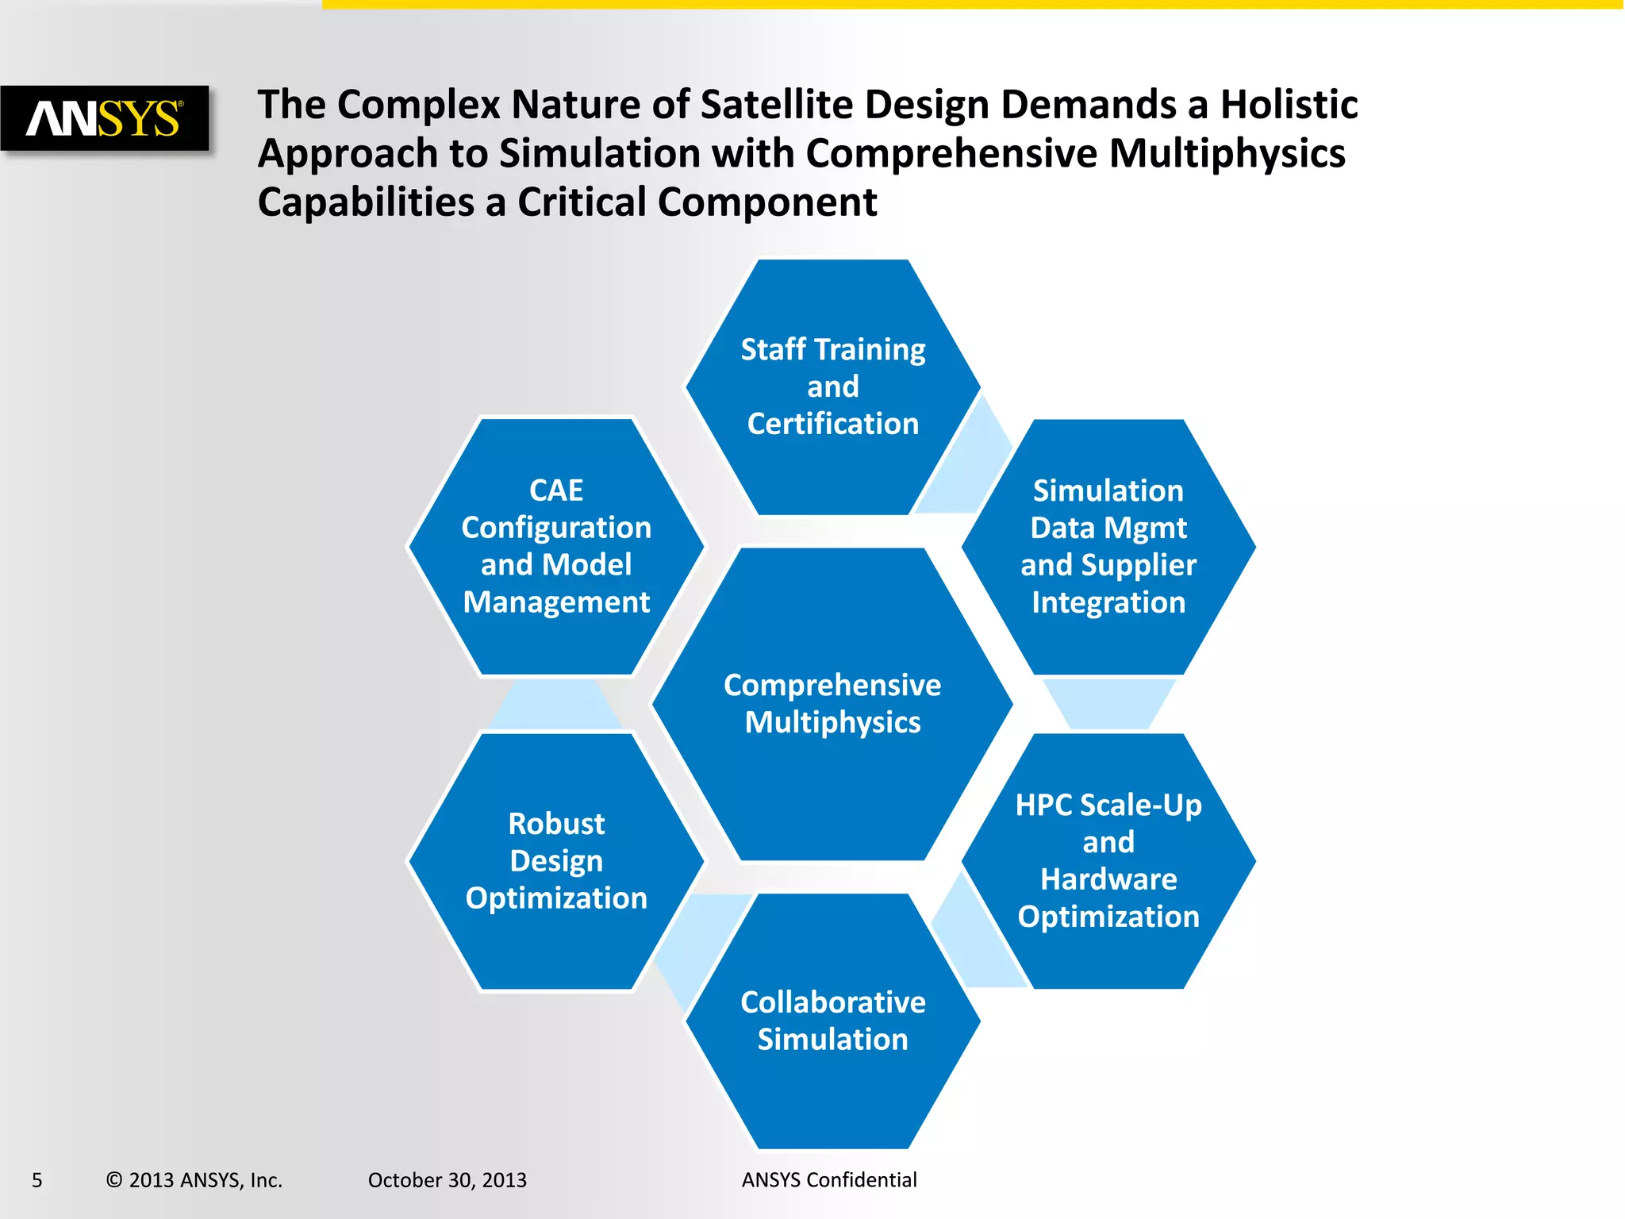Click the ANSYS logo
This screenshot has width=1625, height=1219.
pos(105,118)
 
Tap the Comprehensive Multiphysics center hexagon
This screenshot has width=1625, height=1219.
pos(832,704)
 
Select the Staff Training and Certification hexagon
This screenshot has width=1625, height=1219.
pos(832,387)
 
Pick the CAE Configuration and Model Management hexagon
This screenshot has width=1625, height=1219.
pos(556,546)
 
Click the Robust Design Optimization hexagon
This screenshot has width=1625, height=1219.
pos(556,861)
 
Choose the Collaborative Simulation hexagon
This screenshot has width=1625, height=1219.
pos(832,1021)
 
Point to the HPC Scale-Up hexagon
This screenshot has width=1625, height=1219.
pos(1108,861)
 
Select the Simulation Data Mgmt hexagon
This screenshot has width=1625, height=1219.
pos(1108,546)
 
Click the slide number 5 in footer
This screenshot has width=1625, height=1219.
pos(37,1180)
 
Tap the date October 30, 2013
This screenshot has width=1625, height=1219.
pos(447,1180)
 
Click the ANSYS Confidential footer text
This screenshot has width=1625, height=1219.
pos(829,1180)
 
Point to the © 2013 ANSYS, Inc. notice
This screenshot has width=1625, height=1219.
pos(194,1180)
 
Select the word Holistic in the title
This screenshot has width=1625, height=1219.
pos(1289,105)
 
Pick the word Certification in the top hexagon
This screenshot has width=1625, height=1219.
pos(832,424)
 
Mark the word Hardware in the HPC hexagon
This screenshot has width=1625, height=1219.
pos(1108,879)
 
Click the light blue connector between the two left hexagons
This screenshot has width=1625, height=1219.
pos(556,705)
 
